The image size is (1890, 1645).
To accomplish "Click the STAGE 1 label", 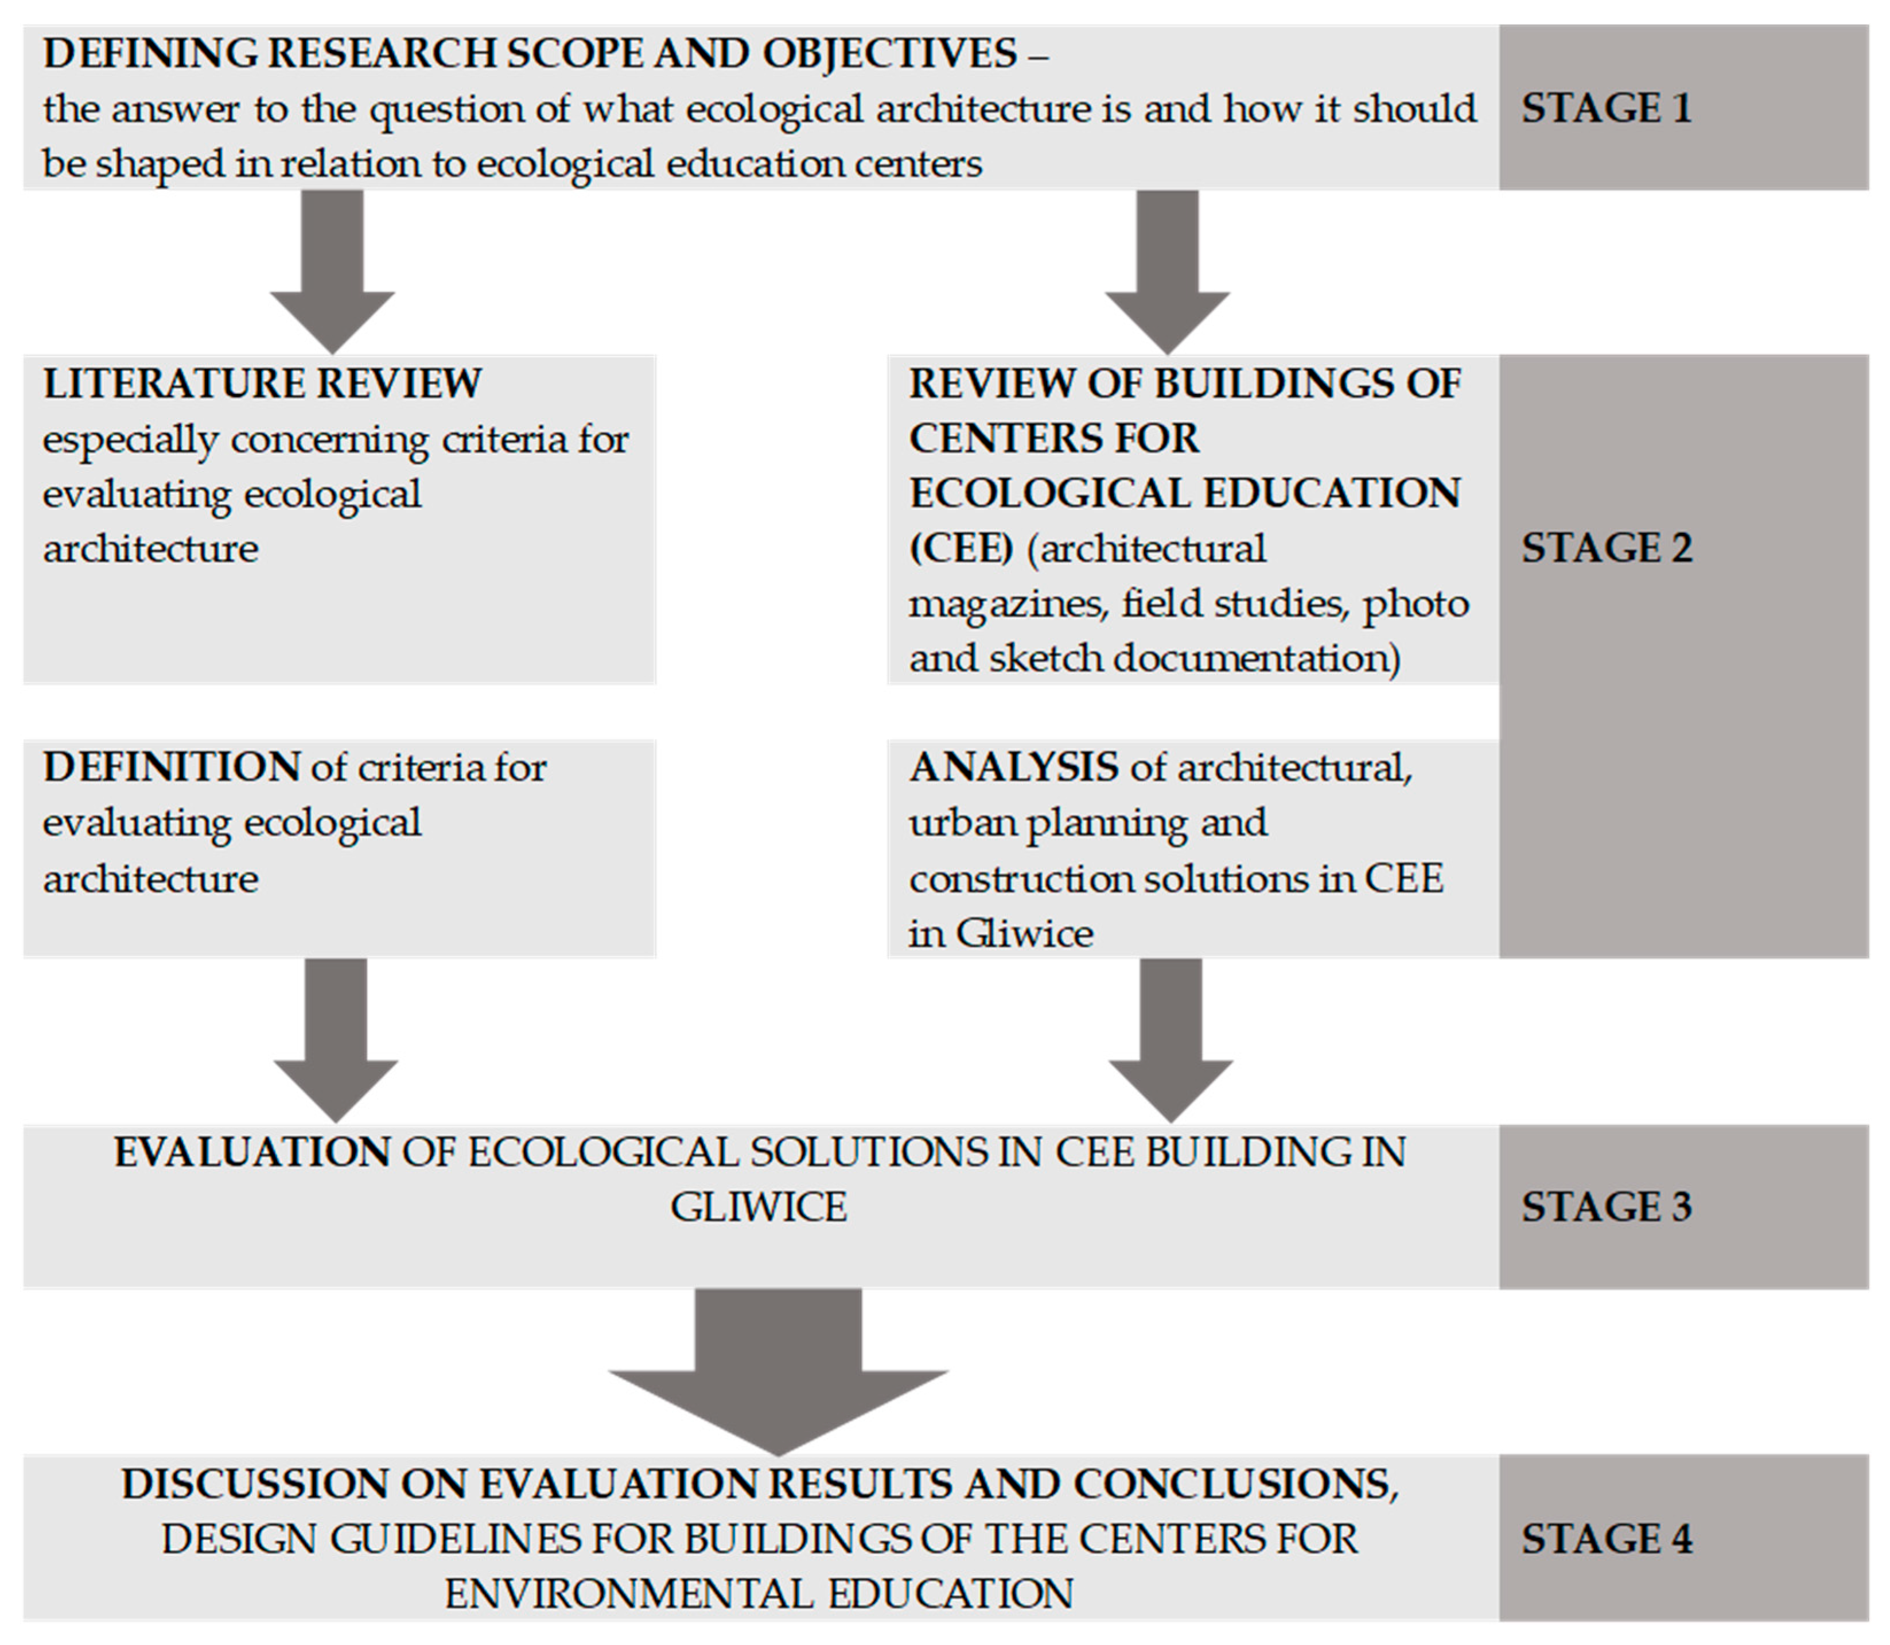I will tap(1605, 109).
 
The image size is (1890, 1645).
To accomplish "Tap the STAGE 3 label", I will tap(1605, 1207).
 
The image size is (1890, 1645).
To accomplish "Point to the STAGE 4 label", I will tap(1605, 1539).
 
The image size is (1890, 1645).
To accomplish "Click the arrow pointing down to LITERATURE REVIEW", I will tap(332, 276).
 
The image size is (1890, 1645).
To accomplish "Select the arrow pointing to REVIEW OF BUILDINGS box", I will tap(1167, 276).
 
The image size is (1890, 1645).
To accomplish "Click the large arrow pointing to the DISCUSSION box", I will tap(778, 1368).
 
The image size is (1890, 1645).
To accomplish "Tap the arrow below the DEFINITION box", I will tap(336, 1042).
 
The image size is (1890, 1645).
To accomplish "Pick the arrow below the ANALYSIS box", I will tap(1170, 1042).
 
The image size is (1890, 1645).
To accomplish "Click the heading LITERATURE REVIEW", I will tap(262, 384).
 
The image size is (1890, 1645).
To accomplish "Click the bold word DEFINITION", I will tap(172, 768).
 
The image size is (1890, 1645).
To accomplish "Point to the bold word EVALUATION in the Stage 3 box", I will tap(252, 1153).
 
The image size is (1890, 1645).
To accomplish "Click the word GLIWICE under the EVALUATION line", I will tap(759, 1208).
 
